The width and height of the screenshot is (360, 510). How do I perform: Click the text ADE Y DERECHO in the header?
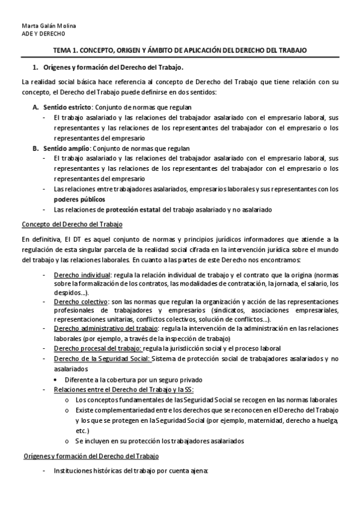point(40,33)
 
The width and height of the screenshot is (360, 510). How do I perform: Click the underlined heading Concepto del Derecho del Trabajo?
point(72,224)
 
